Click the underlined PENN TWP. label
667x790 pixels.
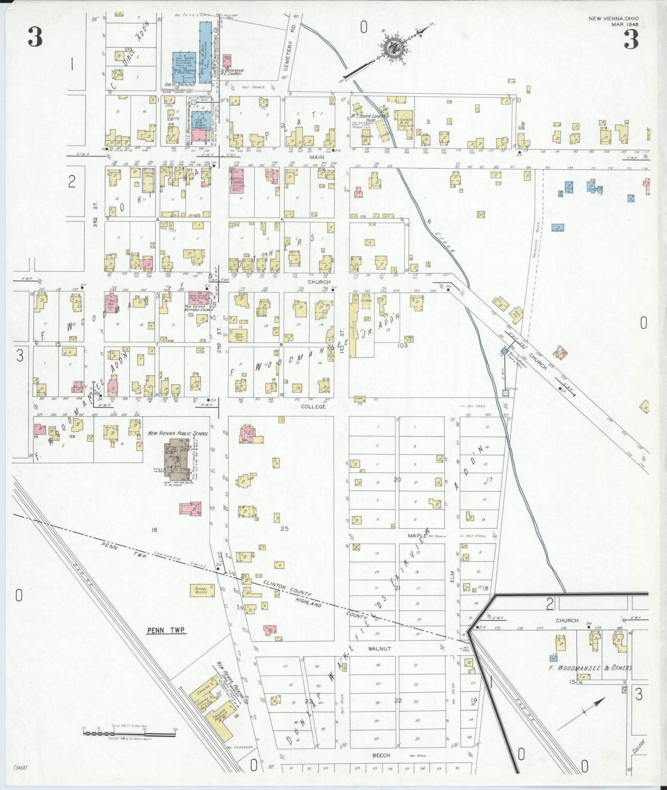(x=166, y=631)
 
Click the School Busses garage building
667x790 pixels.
(x=201, y=590)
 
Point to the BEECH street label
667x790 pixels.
(x=381, y=755)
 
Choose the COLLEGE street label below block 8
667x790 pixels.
(x=313, y=406)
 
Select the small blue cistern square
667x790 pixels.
(x=506, y=393)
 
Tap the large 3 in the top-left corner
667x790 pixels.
(x=35, y=39)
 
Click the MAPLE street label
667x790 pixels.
(x=418, y=535)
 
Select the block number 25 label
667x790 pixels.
(x=284, y=528)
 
